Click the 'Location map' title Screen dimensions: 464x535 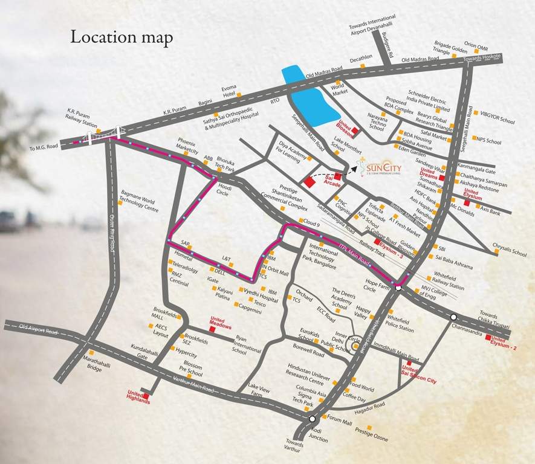tap(122, 37)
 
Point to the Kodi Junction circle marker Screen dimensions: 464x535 tap(312, 419)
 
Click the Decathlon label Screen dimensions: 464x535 tap(361, 58)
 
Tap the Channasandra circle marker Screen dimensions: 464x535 tap(453, 317)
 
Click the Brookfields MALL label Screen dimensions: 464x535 tap(163, 312)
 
